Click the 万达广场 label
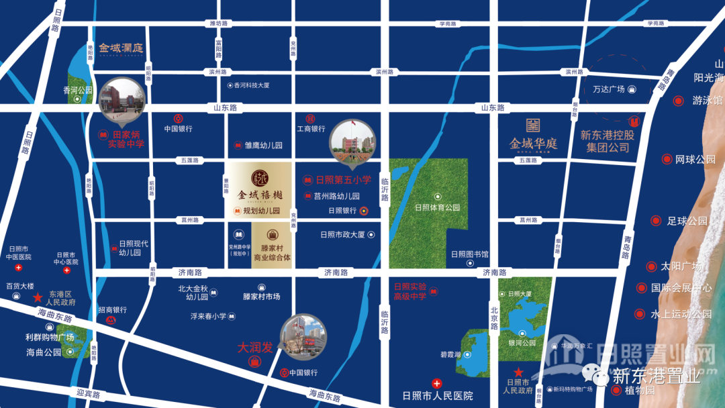click(x=609, y=89)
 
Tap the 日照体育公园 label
click(x=437, y=207)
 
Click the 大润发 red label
click(x=256, y=348)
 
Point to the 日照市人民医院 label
click(x=437, y=395)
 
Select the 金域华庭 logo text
click(x=534, y=143)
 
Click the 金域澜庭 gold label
click(x=122, y=48)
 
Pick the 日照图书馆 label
click(x=469, y=254)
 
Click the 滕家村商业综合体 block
click(x=273, y=247)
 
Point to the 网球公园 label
click(x=695, y=160)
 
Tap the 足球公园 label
click(x=687, y=221)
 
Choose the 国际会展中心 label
click(x=681, y=289)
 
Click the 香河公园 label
click(x=77, y=90)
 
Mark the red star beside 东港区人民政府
click(x=38, y=296)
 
